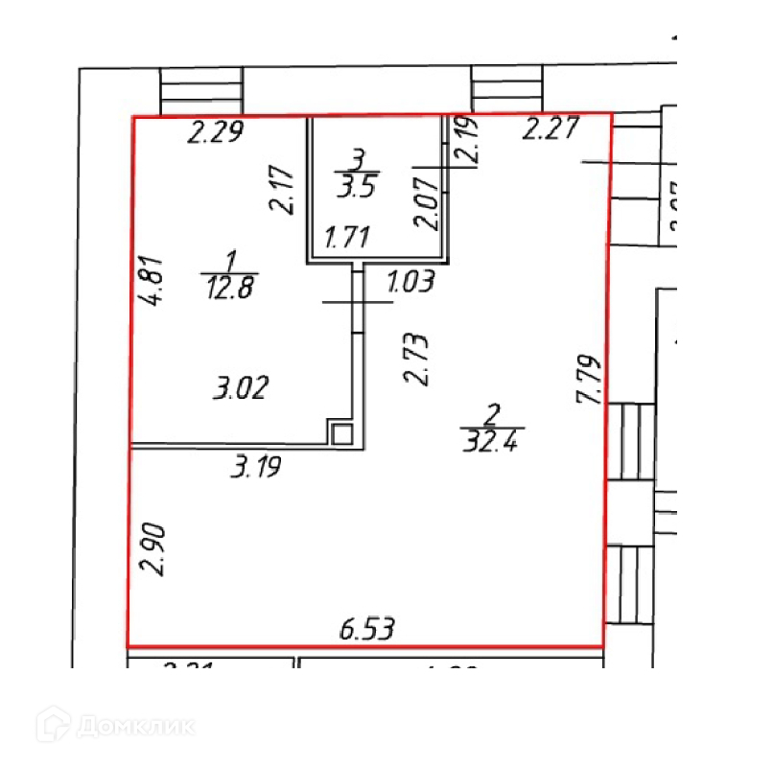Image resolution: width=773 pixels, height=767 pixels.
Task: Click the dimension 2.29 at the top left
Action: tap(216, 132)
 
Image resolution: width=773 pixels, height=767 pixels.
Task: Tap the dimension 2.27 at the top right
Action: tap(550, 128)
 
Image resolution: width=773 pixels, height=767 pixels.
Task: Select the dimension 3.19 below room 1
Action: tap(259, 469)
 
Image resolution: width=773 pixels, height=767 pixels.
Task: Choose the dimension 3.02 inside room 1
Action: tap(239, 389)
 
